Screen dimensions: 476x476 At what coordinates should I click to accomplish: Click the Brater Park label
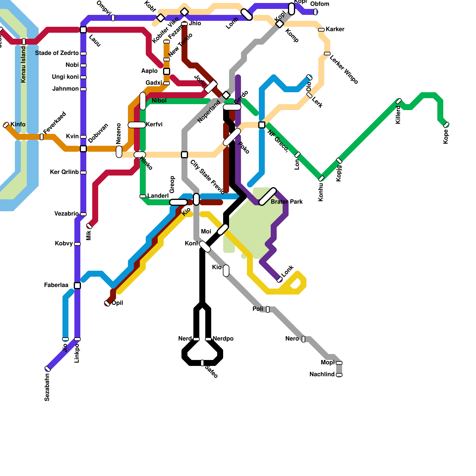tap(286, 202)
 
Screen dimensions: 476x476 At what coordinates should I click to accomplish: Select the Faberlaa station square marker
tap(77, 286)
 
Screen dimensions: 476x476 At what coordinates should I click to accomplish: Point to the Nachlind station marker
tap(339, 375)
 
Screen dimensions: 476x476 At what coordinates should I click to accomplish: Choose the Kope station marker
tap(446, 125)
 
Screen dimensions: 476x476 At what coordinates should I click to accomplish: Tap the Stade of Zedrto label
tap(57, 53)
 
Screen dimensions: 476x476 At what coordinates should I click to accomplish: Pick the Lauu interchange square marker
tap(83, 30)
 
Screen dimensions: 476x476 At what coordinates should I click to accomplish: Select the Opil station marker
tap(107, 303)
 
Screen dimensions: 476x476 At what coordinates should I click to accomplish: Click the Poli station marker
tap(268, 309)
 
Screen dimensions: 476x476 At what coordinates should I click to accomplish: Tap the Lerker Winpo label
tap(344, 70)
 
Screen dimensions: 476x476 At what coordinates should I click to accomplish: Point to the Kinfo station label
tap(18, 124)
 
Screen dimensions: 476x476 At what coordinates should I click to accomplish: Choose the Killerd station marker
tap(399, 101)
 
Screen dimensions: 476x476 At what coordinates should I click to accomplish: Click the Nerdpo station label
tap(223, 339)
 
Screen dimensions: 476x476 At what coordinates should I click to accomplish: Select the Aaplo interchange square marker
tap(167, 71)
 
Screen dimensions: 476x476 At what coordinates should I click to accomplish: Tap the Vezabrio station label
tap(67, 214)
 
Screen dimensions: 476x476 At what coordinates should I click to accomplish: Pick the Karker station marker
tap(321, 30)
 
